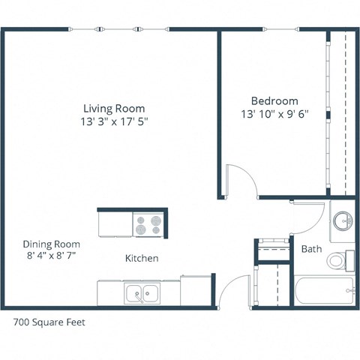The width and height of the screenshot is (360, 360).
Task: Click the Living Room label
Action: click(114, 108)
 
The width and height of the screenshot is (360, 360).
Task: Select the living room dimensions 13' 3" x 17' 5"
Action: click(114, 121)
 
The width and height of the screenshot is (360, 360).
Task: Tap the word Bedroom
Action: click(274, 100)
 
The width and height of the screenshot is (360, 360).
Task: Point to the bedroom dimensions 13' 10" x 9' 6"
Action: click(274, 114)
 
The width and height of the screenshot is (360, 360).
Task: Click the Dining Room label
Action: click(51, 244)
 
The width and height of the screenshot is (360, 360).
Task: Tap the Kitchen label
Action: click(141, 258)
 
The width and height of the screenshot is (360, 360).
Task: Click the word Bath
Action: click(311, 248)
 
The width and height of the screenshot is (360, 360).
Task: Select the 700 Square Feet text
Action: click(49, 323)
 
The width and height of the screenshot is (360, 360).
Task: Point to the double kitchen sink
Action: click(142, 292)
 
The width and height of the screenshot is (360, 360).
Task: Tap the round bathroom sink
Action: click(343, 220)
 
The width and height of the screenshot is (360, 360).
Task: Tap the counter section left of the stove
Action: click(114, 223)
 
